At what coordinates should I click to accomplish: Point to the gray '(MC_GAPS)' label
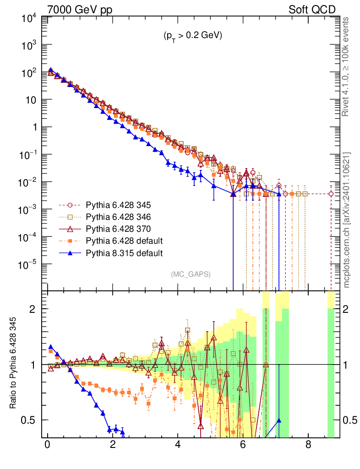pyautogui.click(x=191, y=274)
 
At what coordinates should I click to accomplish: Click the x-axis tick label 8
pyautogui.click(x=308, y=445)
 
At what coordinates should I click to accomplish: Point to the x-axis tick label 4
pyautogui.click(x=177, y=445)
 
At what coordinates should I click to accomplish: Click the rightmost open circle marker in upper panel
pyautogui.click(x=331, y=194)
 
